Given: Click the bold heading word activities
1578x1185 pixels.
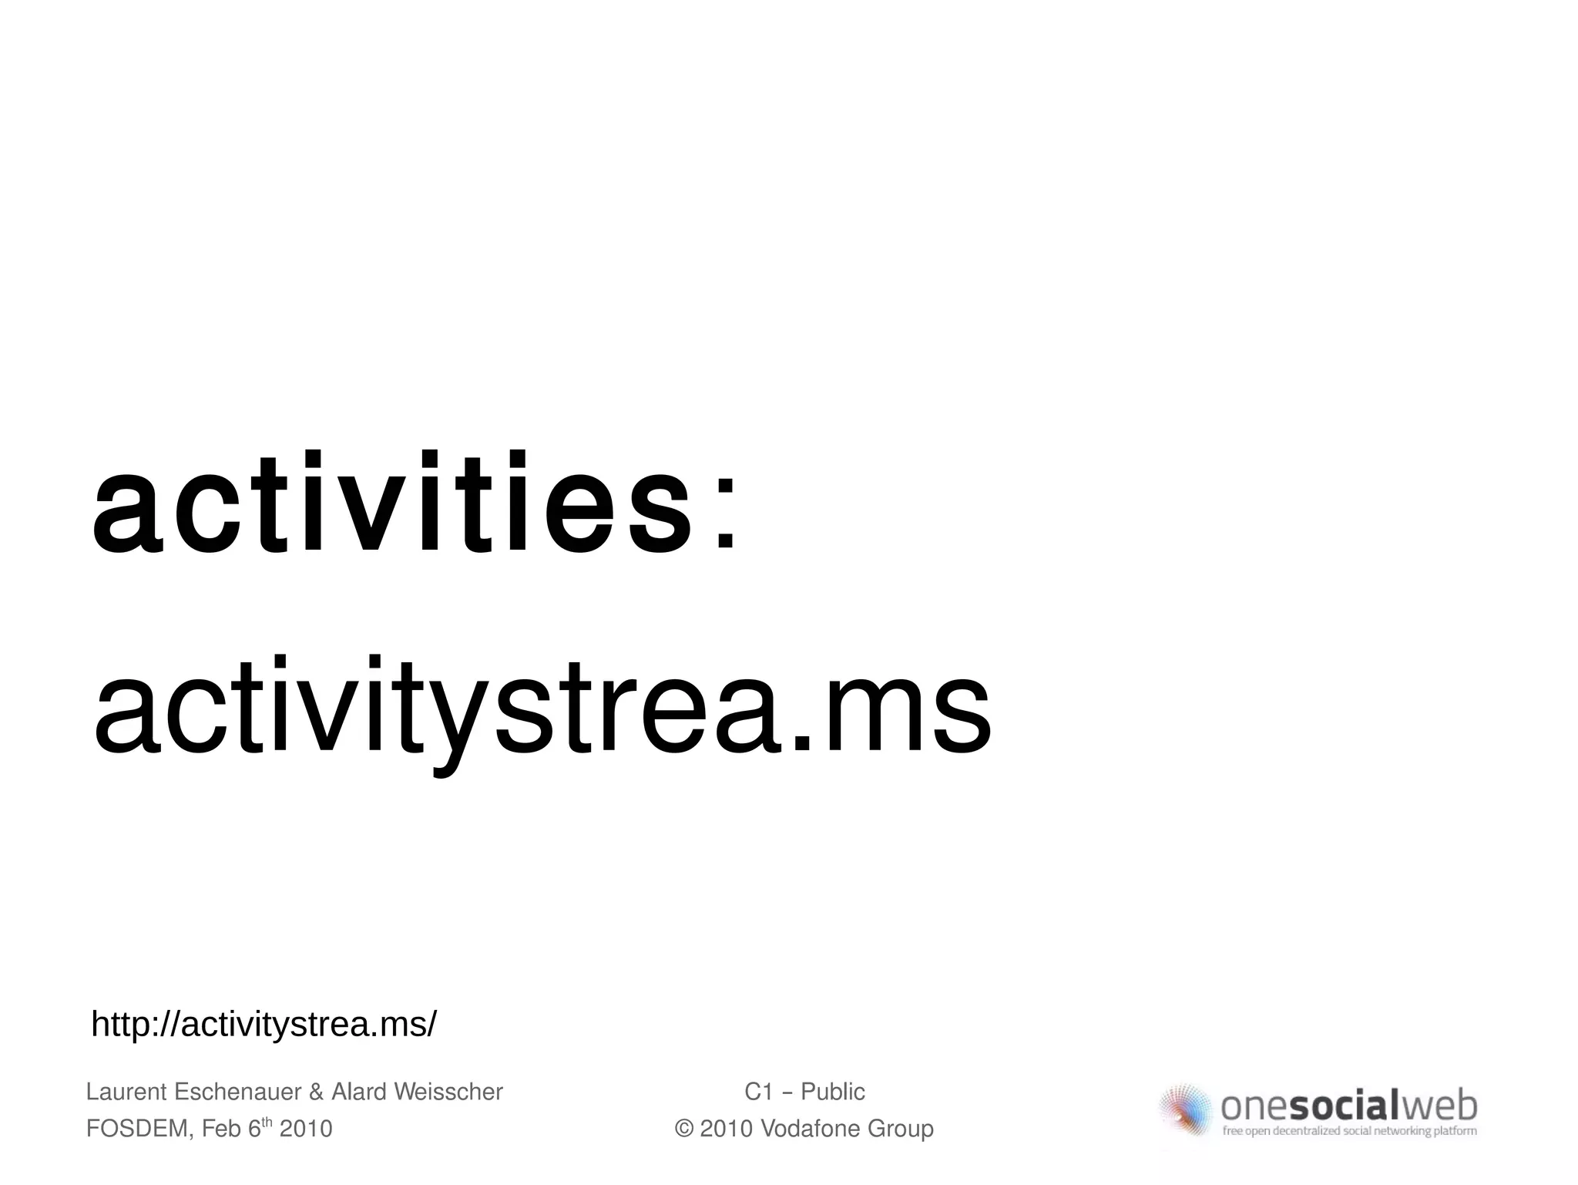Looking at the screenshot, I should (x=391, y=505).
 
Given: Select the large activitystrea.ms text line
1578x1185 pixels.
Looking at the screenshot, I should (x=542, y=708).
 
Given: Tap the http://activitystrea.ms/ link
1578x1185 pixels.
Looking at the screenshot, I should (x=264, y=1025).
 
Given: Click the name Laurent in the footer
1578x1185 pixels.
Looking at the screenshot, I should (x=126, y=1092).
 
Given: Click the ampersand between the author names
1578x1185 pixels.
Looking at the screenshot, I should (x=316, y=1092).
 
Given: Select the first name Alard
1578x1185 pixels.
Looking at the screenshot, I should (x=358, y=1092).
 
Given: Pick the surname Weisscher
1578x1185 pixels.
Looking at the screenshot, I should (x=448, y=1092).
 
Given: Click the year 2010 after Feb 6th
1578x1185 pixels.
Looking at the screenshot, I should (x=306, y=1129).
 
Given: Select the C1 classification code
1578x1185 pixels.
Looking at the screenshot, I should (x=758, y=1092).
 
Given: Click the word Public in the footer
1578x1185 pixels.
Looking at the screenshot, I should (x=833, y=1092).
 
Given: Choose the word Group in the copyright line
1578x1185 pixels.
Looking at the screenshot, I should (x=901, y=1129).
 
